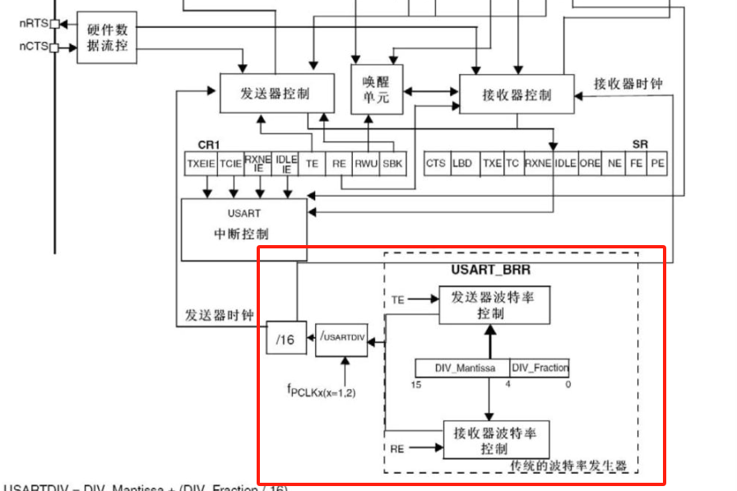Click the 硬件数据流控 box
click(107, 36)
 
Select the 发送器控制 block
click(276, 93)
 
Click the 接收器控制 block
click(517, 94)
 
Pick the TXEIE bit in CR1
click(200, 164)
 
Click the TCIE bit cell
click(230, 164)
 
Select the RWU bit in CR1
click(366, 164)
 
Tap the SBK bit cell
click(393, 164)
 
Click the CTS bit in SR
click(435, 163)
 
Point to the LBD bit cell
click(462, 163)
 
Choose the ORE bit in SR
click(590, 163)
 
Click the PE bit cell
click(657, 163)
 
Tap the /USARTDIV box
click(341, 339)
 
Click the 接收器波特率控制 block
click(493, 440)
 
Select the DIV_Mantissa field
click(461, 368)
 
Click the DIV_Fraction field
click(540, 368)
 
